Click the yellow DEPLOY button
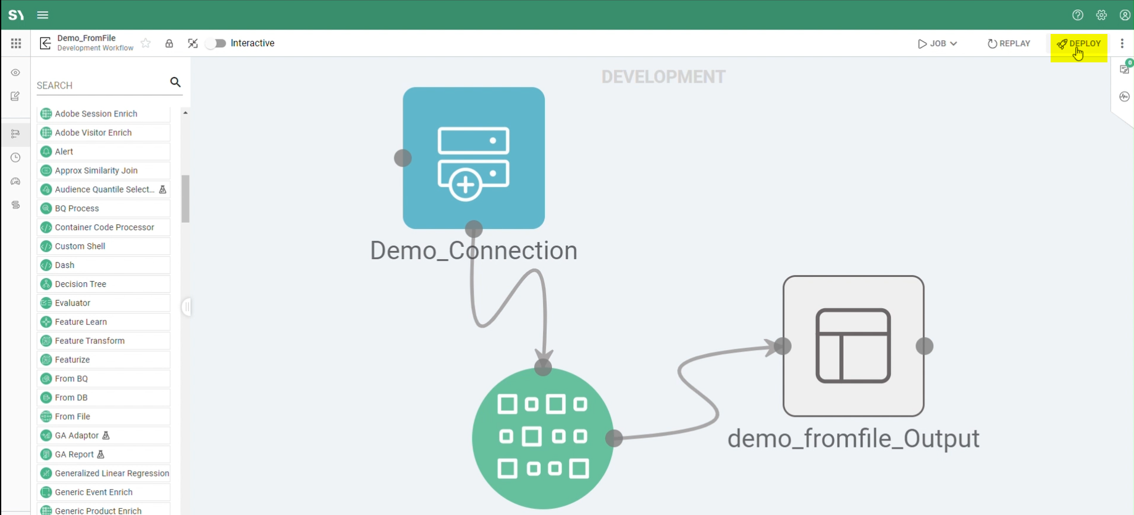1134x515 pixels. tap(1079, 44)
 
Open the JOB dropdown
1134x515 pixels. tap(938, 44)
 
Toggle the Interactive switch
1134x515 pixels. tap(216, 43)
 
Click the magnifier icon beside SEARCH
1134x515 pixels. tap(175, 82)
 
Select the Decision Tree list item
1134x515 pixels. tap(80, 284)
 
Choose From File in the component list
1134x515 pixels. tap(72, 417)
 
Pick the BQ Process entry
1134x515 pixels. tap(77, 209)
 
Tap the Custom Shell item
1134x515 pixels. tap(80, 246)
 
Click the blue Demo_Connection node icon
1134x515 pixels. tap(474, 158)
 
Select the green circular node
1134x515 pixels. tap(542, 438)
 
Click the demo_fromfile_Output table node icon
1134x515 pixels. tap(853, 346)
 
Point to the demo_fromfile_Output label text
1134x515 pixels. tap(853, 438)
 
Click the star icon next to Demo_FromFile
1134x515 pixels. tap(146, 43)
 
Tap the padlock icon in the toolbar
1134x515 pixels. tap(169, 44)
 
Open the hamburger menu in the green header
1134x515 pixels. tap(43, 15)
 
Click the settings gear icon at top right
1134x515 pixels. tap(1101, 15)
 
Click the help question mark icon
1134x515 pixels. tap(1078, 15)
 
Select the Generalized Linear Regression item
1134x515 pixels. tap(111, 474)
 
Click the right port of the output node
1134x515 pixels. tap(925, 346)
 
